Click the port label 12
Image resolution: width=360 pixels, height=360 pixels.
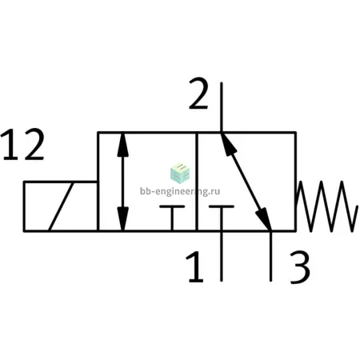(22, 144)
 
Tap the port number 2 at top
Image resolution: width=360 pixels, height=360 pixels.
(198, 94)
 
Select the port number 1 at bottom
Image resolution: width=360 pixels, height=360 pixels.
(195, 266)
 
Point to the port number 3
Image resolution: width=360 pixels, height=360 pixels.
(300, 267)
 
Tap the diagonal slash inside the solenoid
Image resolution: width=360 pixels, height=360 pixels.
(61, 206)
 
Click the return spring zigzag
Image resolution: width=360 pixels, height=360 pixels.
(326, 206)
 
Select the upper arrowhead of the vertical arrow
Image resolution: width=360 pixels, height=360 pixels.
(122, 145)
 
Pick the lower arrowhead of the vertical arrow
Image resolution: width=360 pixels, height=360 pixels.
(122, 218)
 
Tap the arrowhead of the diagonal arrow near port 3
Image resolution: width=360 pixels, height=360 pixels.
(264, 218)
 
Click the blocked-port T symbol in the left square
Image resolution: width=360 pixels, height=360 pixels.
(172, 218)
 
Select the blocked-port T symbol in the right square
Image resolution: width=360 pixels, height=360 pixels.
(222, 218)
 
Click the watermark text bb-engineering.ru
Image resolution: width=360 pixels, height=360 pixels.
(180, 191)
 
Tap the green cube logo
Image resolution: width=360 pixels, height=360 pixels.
(180, 173)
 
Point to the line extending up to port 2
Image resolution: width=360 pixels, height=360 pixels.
(222, 107)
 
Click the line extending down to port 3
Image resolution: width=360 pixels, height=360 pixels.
(270, 257)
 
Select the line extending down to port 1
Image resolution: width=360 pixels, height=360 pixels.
(222, 257)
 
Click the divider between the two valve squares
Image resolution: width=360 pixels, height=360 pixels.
(197, 182)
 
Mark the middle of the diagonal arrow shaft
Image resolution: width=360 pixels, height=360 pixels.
(246, 182)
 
